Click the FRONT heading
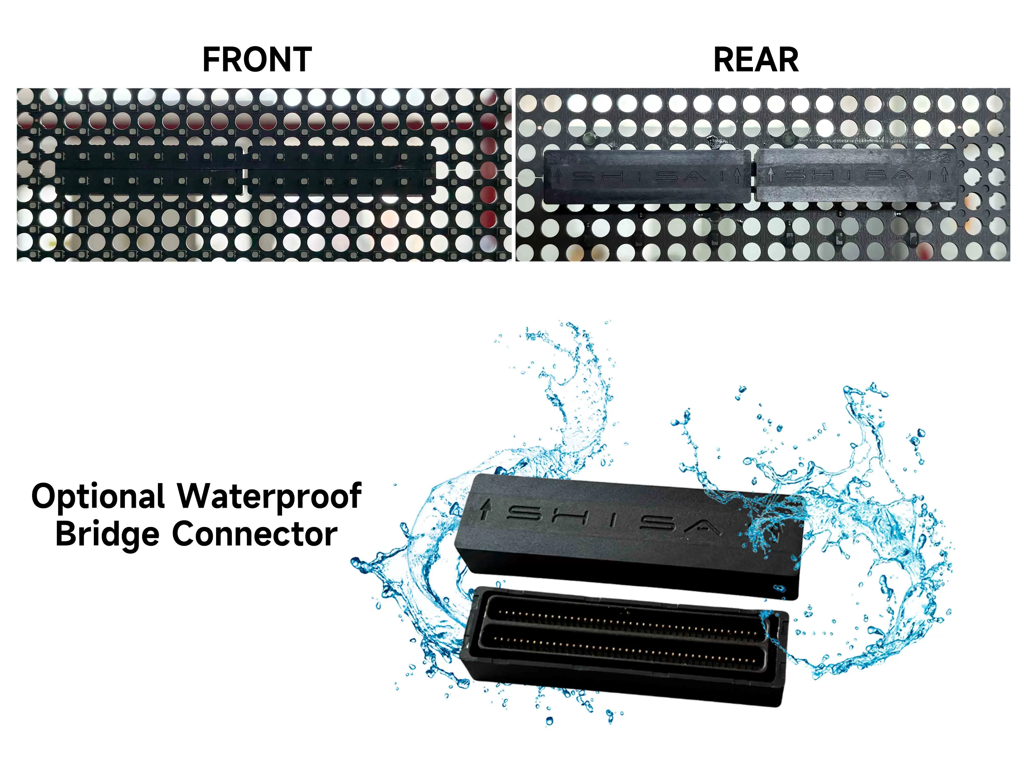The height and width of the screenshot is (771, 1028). [x=257, y=60]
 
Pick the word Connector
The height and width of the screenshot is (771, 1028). [x=255, y=535]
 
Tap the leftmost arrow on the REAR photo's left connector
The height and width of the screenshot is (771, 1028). [x=559, y=176]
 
